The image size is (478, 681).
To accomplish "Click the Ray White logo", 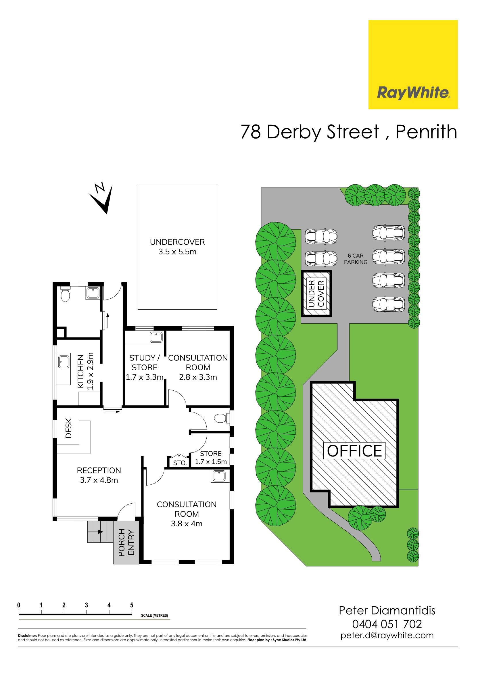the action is pos(413,65).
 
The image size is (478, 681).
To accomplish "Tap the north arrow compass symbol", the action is pos(101,198).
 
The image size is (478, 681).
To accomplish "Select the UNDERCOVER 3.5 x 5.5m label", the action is pos(177,247).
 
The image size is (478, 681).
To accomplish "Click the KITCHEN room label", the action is pos(85,371).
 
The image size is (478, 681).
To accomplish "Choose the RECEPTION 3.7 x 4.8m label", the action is pos(99,475).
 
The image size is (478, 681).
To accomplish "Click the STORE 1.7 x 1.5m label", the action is pos(211,457).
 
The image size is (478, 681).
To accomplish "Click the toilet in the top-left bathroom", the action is pos(65,293).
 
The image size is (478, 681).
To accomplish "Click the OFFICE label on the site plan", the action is pos(354,451).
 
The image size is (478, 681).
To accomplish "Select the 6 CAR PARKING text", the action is pos(356,259).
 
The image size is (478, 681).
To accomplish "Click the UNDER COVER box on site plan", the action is pos(316,293).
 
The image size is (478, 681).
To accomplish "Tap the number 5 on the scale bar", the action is pos(132,605).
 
